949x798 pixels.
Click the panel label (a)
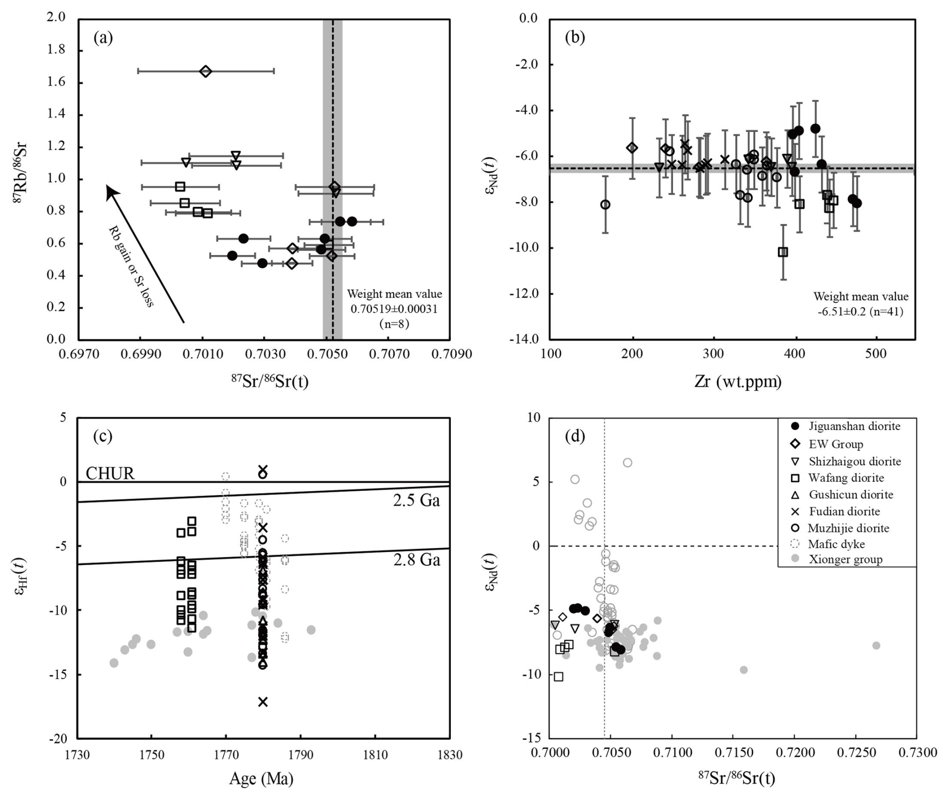103,38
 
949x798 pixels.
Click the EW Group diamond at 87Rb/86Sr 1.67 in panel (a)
205,71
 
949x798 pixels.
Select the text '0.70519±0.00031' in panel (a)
394,309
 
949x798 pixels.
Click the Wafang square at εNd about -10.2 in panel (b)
783,252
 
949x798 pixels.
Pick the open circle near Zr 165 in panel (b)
605,205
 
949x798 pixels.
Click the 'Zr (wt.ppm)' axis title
738,382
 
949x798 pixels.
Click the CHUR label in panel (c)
110,473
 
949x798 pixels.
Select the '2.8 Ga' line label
416,560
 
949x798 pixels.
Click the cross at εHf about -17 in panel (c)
263,702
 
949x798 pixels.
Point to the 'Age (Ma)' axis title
261,778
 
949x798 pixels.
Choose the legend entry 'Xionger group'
845,560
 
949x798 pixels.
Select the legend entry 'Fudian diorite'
844,511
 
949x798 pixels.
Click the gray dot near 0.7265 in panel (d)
876,645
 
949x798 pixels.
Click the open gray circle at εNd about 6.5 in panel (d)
627,463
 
